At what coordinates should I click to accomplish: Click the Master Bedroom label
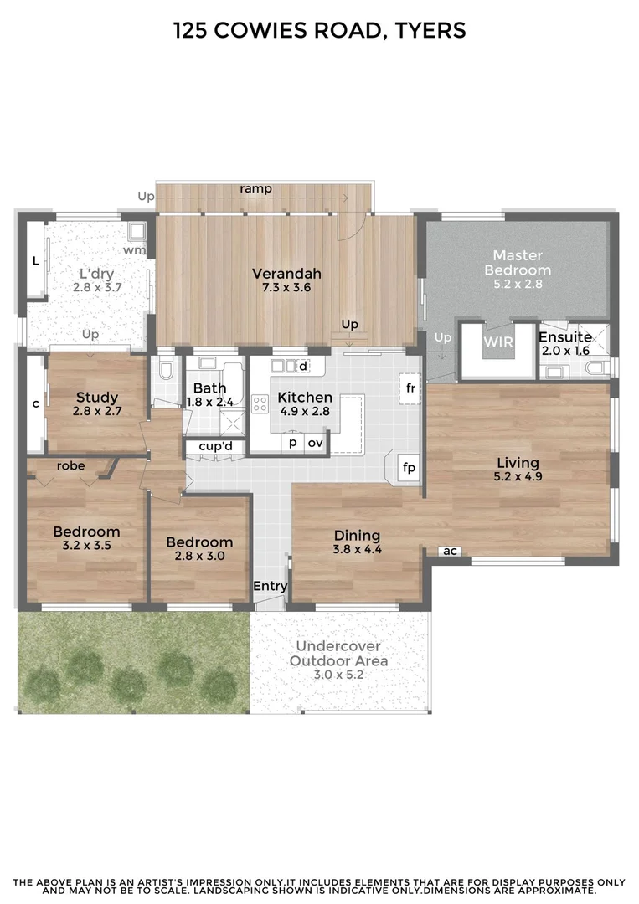(x=517, y=262)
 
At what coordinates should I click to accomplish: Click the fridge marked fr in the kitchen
(x=410, y=388)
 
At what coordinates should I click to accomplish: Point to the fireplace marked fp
(x=409, y=467)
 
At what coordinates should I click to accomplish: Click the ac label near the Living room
(x=450, y=551)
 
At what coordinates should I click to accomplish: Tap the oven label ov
(x=315, y=443)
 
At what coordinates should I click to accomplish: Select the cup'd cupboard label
(x=215, y=446)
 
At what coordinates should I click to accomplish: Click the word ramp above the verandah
(x=255, y=189)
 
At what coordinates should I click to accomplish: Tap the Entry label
(x=270, y=587)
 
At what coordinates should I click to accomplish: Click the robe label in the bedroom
(x=70, y=465)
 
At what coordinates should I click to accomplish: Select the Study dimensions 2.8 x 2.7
(x=96, y=411)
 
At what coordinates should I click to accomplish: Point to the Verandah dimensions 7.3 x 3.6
(x=286, y=287)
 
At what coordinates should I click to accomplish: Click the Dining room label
(x=357, y=536)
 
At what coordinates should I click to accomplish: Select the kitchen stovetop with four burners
(x=260, y=404)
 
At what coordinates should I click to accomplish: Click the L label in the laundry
(x=35, y=261)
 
